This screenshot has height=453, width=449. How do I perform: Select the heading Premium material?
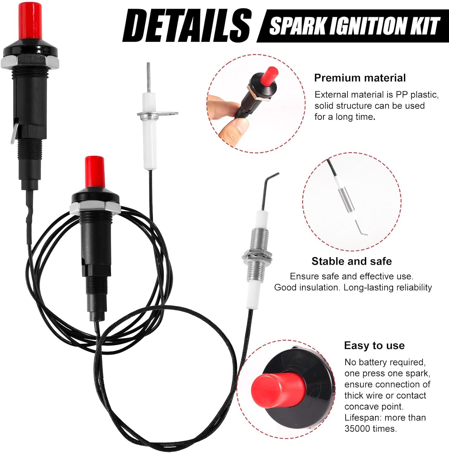pos(360,78)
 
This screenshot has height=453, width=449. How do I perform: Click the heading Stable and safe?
pos(351,261)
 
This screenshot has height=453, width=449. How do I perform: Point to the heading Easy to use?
pos(374,345)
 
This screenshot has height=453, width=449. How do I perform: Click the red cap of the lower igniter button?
pos(94,172)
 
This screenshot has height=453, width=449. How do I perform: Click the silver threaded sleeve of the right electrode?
pos(257,254)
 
